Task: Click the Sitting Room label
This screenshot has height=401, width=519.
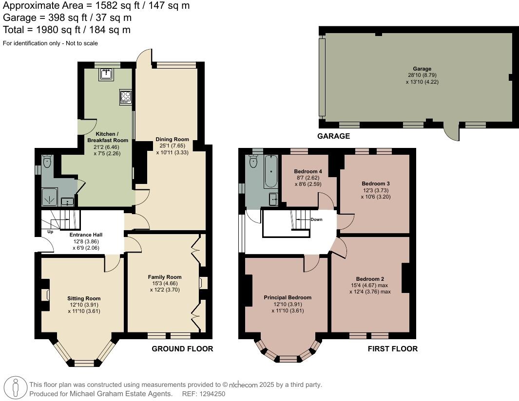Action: [84, 298]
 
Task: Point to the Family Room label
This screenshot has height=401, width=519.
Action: [165, 277]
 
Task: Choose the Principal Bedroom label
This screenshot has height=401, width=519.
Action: [287, 297]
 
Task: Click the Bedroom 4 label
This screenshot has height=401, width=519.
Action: [308, 171]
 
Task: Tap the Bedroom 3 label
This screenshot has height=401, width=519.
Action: [375, 183]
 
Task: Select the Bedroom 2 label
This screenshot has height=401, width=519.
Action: [370, 279]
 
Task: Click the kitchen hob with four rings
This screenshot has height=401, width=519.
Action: [125, 97]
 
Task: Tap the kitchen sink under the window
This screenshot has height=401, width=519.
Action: [106, 73]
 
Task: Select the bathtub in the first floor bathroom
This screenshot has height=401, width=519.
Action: [270, 172]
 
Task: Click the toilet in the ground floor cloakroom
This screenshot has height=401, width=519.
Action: [47, 161]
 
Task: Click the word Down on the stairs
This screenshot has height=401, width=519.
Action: [316, 219]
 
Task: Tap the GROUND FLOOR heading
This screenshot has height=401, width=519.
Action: [182, 349]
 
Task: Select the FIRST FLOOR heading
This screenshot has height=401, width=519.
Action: [393, 349]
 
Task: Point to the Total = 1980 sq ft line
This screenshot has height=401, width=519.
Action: [67, 30]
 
